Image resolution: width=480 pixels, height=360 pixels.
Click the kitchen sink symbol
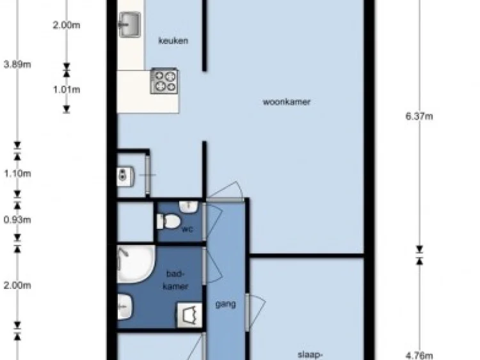pyautogui.click(x=130, y=24)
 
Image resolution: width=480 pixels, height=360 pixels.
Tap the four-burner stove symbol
pyautogui.click(x=164, y=81)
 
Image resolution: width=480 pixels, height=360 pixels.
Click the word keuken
pyautogui.click(x=173, y=41)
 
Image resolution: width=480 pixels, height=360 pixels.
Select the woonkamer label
pyautogui.click(x=287, y=102)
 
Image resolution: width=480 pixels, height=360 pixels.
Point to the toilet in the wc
pyautogui.click(x=168, y=221)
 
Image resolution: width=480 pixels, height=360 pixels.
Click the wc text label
pyautogui.click(x=187, y=229)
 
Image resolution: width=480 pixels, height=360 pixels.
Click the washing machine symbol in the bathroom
pyautogui.click(x=190, y=315)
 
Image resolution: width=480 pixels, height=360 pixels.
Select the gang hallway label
pyautogui.click(x=226, y=304)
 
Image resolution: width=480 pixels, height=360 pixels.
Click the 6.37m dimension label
pyautogui.click(x=419, y=116)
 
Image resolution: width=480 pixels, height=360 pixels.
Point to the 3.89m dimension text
pyautogui.click(x=17, y=65)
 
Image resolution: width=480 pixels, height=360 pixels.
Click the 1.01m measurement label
pyautogui.click(x=67, y=90)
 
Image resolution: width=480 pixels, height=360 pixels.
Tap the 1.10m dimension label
pyautogui.click(x=17, y=174)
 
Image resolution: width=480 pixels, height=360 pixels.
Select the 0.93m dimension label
pyautogui.click(x=17, y=220)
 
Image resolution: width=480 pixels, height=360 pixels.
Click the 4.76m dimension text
pyautogui.click(x=419, y=356)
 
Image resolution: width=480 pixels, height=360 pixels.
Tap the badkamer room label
pyautogui.click(x=176, y=280)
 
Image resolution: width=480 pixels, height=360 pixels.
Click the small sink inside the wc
pyautogui.click(x=189, y=207)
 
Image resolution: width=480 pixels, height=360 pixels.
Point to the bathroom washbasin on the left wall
pyautogui.click(x=125, y=307)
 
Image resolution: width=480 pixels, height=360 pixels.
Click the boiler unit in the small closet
pyautogui.click(x=125, y=176)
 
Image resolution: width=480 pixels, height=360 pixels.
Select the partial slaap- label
pyautogui.click(x=310, y=355)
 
